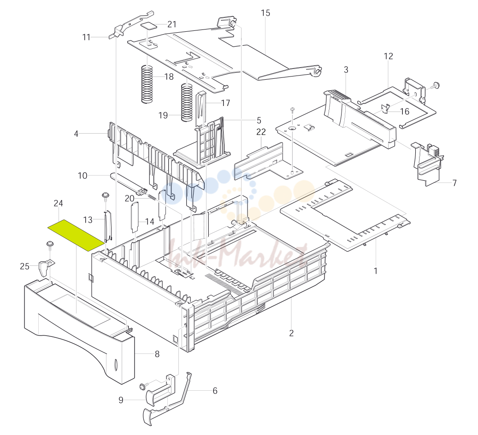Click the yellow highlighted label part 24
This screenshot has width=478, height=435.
[76, 235]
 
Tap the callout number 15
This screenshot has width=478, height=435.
[266, 13]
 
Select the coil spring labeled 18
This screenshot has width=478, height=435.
[147, 84]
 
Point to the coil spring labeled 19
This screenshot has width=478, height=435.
[187, 102]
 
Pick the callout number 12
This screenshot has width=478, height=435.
[389, 56]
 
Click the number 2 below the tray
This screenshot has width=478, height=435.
[291, 333]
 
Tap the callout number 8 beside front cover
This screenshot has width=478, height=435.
[157, 354]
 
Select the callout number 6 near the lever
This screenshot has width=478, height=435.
[215, 391]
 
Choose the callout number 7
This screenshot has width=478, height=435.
[454, 183]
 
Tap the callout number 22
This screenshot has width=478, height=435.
[261, 132]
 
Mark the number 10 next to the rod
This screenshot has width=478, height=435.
[83, 176]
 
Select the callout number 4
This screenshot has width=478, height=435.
[76, 134]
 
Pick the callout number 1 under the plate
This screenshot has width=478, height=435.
[376, 270]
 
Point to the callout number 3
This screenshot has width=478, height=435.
[346, 70]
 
